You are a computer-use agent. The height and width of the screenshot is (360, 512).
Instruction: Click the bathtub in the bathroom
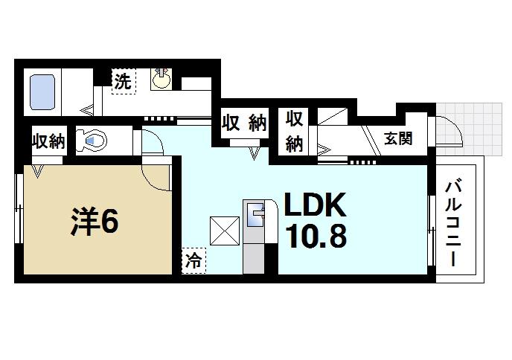[x=43, y=92]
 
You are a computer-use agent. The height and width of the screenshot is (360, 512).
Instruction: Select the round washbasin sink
[x=161, y=79]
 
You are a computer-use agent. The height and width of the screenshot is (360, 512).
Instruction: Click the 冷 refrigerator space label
[x=193, y=262]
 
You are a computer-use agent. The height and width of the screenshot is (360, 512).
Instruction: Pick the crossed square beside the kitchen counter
[x=224, y=230]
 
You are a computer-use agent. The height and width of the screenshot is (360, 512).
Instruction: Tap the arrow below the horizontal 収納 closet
[x=255, y=152]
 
